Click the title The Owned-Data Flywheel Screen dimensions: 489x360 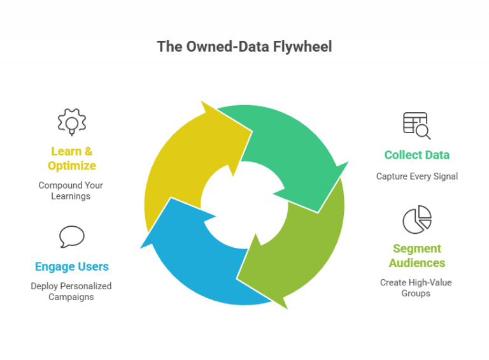[x=244, y=47]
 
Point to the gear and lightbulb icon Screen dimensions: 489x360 [x=72, y=122]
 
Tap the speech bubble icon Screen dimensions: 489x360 [x=72, y=236]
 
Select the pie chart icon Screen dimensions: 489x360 [x=417, y=220]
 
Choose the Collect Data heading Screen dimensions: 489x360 [x=417, y=155]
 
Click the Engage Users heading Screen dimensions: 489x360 [x=72, y=267]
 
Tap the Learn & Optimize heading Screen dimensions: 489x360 [x=72, y=159]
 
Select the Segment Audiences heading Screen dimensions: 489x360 [x=417, y=256]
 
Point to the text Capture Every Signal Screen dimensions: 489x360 [x=417, y=176]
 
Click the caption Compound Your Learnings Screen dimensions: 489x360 [x=71, y=191]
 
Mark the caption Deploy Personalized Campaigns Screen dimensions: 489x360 [x=71, y=291]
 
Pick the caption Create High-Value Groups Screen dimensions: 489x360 [x=416, y=288]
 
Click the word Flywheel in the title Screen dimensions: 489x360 [x=302, y=47]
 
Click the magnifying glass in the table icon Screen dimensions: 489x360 [x=423, y=132]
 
